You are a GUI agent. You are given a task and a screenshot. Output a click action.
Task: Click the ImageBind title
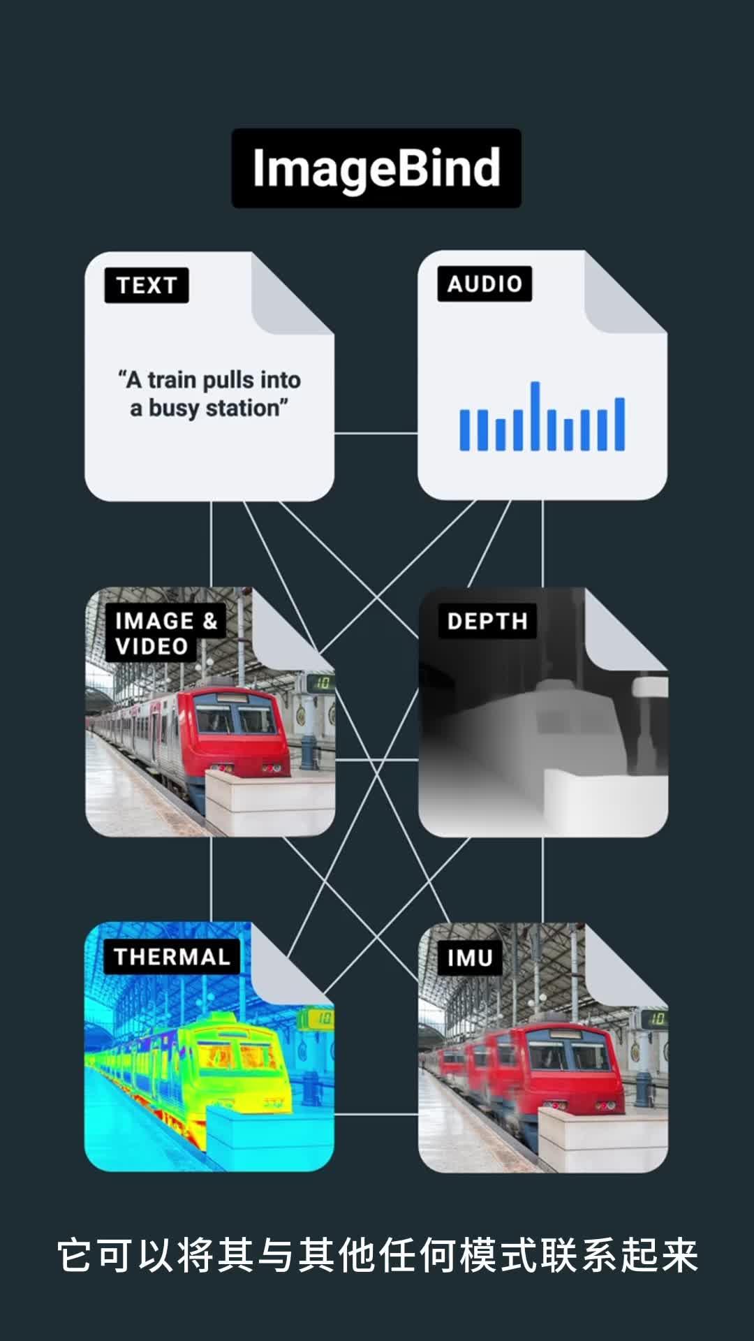coord(376,168)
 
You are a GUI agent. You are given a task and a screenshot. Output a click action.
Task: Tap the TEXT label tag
coord(147,286)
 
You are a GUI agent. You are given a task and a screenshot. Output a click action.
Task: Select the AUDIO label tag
coord(485,284)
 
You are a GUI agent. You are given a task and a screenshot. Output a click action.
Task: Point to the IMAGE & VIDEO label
coord(166,633)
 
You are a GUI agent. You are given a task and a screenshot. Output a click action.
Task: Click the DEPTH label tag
coord(487,621)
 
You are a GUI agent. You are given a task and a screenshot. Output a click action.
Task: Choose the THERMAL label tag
coord(172,956)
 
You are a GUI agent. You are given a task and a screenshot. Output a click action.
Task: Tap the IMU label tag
coord(470,958)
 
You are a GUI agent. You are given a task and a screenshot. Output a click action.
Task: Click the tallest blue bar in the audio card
coord(535,416)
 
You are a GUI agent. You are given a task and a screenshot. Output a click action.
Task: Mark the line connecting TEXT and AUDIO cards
coord(376,433)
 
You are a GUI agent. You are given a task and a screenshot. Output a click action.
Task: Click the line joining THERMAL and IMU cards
coord(376,1114)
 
